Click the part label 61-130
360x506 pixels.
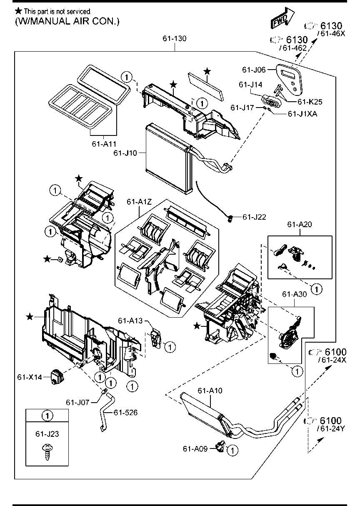(175, 39)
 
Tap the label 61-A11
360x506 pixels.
(104, 144)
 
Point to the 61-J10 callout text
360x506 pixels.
(125, 153)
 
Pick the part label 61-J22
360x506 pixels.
(254, 217)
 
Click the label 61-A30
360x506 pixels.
(294, 294)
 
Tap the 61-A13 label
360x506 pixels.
(130, 321)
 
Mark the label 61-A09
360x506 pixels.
(195, 448)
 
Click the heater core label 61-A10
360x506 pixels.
(210, 391)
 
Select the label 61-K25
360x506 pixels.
(310, 101)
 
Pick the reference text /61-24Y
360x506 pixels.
(332, 428)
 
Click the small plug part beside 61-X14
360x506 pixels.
(56, 376)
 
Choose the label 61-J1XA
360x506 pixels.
(302, 113)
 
